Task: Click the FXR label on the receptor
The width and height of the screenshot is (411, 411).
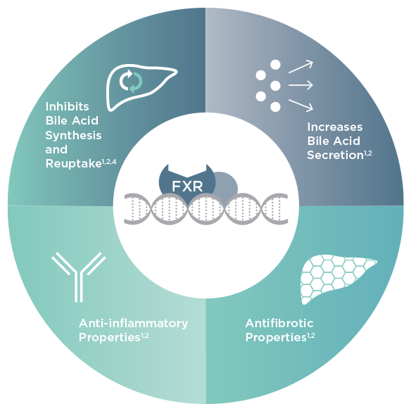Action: click(x=187, y=186)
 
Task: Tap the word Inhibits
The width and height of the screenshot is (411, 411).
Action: click(x=67, y=107)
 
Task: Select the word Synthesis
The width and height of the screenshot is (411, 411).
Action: click(x=73, y=136)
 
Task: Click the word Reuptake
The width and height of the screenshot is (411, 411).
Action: click(x=73, y=164)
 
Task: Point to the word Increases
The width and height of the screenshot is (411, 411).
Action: click(x=335, y=127)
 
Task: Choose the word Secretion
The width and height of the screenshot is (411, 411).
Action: click(x=335, y=155)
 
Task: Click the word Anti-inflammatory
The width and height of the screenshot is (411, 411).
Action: click(x=134, y=323)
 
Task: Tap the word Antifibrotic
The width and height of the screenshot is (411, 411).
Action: click(x=279, y=323)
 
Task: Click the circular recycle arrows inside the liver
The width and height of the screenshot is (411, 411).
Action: click(x=131, y=81)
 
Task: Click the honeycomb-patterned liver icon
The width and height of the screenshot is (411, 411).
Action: click(x=338, y=279)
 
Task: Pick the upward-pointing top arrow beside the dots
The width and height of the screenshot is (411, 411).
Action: click(x=301, y=67)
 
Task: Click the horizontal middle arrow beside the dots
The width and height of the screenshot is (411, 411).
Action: click(x=301, y=85)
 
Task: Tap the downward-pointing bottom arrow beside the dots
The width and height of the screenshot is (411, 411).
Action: click(x=301, y=106)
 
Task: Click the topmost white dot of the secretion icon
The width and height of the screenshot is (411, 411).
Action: click(x=275, y=65)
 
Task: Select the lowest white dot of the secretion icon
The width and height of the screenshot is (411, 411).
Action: click(x=275, y=107)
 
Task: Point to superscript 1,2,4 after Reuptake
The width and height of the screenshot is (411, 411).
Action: click(x=109, y=163)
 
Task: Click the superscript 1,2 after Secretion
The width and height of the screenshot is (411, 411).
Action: click(x=368, y=153)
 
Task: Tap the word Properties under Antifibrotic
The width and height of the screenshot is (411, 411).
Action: click(x=276, y=338)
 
